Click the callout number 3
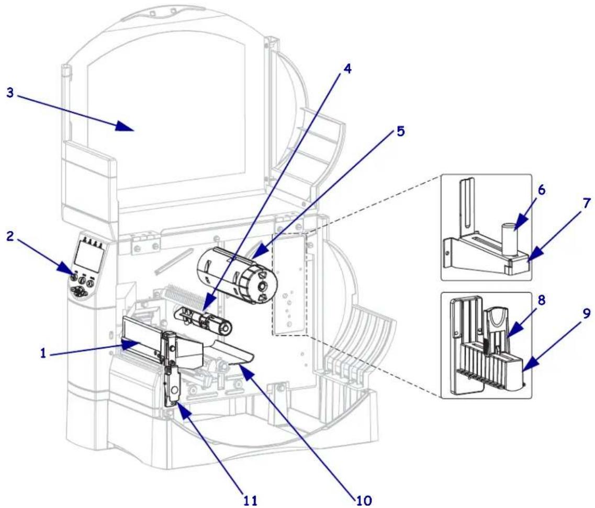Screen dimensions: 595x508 click(10, 93)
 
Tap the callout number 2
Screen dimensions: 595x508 click(10, 237)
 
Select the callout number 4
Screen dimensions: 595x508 click(347, 69)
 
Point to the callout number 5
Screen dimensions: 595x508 click(400, 131)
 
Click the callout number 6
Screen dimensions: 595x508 click(542, 190)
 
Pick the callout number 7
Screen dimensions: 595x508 click(587, 204)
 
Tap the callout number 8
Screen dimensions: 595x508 click(542, 300)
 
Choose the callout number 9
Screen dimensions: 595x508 click(587, 313)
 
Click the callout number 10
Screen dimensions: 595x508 click(364, 500)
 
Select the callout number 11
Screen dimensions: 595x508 click(250, 500)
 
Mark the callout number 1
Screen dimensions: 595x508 click(43, 354)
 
